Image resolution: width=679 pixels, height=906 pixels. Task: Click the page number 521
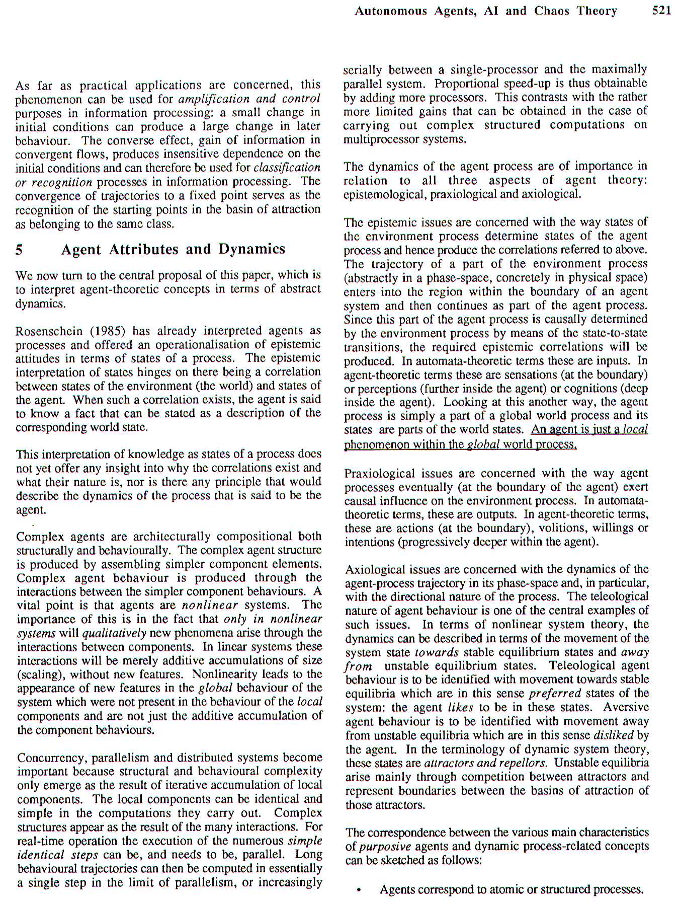coord(661,11)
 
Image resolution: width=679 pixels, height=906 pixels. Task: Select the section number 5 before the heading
coord(19,250)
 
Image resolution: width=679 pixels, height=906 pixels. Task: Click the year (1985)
coord(108,331)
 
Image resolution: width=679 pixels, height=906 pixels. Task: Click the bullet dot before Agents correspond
coord(358,890)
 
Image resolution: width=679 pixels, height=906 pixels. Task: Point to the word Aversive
coord(626,707)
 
